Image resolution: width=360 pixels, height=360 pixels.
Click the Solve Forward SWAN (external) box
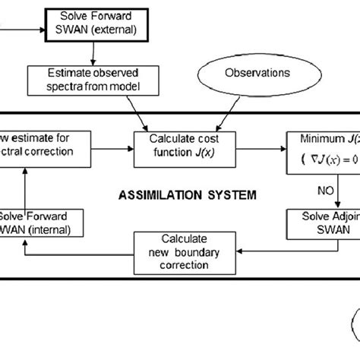[x=95, y=24]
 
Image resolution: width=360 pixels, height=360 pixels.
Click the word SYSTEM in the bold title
[x=230, y=195]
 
